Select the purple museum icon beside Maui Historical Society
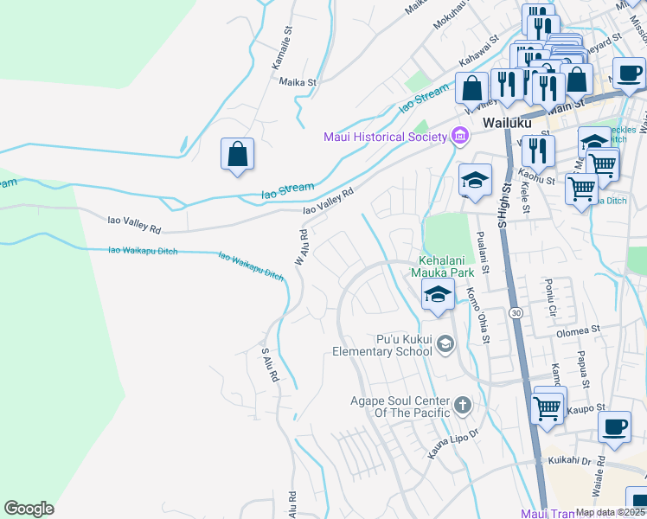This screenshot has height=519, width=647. (459, 136)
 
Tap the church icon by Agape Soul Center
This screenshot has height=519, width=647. (463, 404)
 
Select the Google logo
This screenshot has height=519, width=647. (29, 509)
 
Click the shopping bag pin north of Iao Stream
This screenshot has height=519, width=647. (237, 156)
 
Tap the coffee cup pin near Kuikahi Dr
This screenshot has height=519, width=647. (614, 428)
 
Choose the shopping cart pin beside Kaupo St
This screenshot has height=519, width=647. (547, 407)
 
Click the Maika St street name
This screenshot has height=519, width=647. (299, 82)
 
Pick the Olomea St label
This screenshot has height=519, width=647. (578, 330)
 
